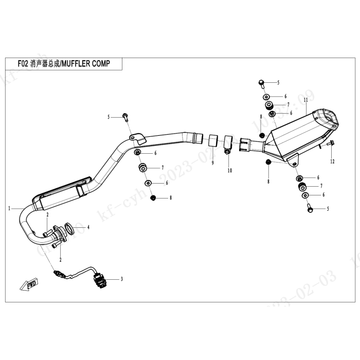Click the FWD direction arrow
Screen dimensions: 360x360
point(24,284)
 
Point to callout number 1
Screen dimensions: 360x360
point(10,209)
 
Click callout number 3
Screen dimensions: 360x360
point(121,279)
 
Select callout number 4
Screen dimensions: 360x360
point(88,227)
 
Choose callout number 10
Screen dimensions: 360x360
point(230,170)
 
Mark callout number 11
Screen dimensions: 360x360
point(305,99)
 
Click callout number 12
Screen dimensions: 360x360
point(332,161)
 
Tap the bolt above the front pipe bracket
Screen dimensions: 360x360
point(124,117)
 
